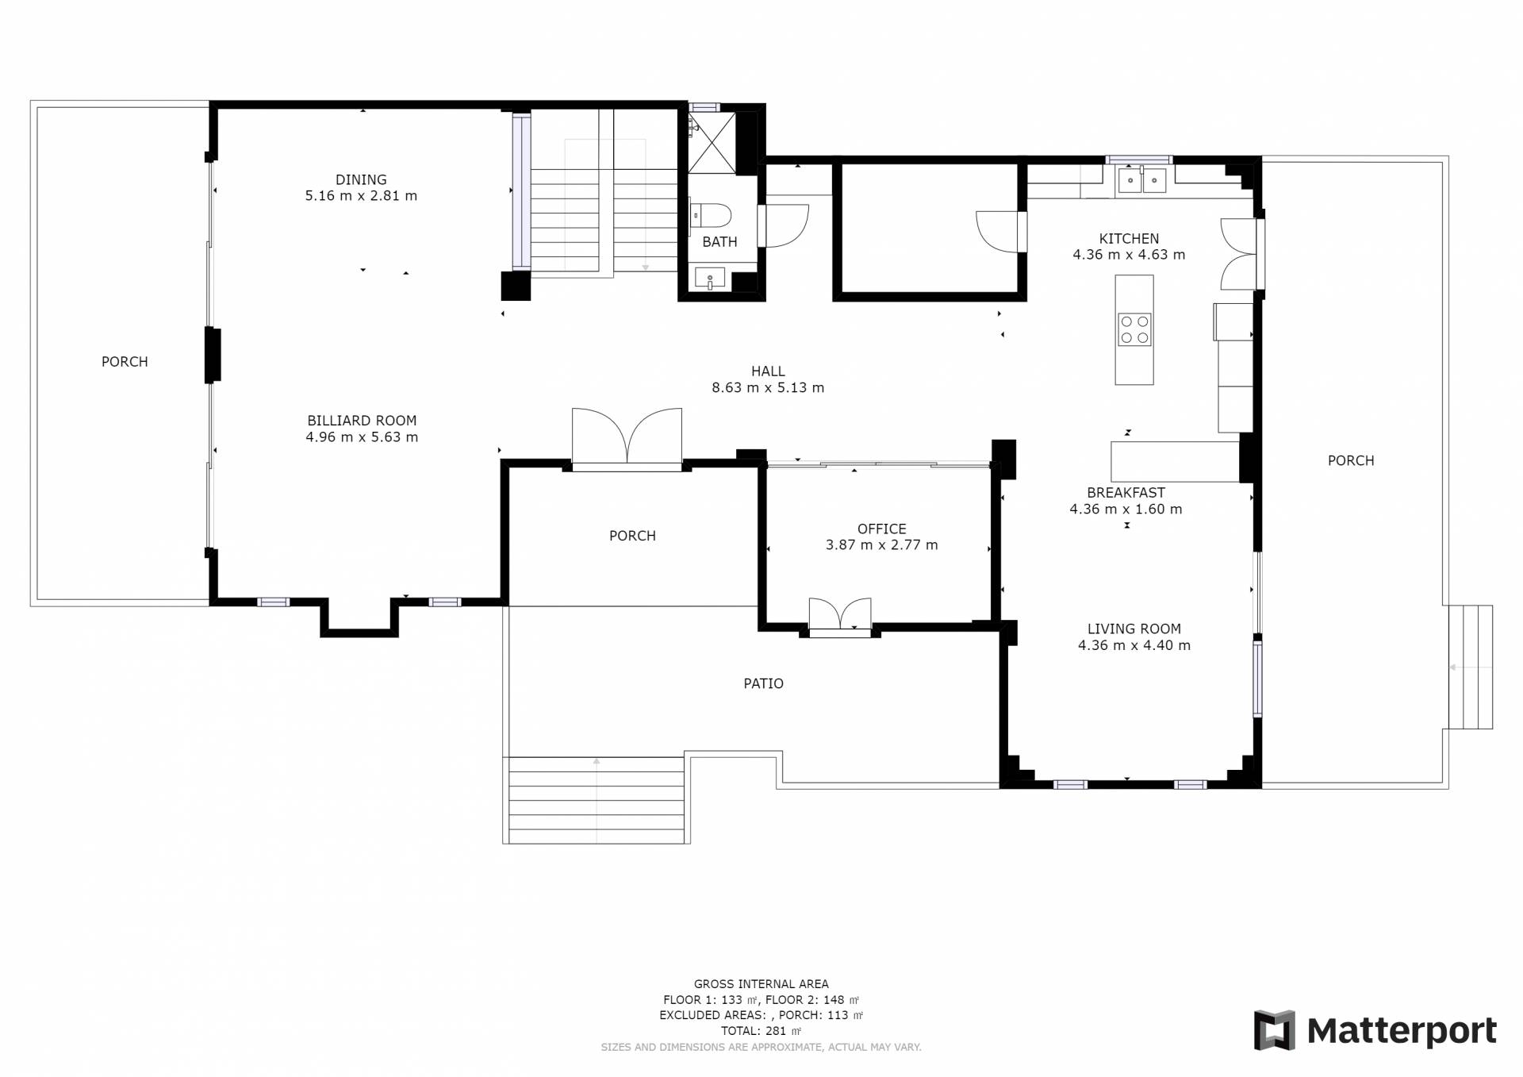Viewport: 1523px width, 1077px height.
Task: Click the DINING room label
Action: [361, 180]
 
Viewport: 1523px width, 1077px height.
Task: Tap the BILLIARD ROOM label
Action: [362, 421]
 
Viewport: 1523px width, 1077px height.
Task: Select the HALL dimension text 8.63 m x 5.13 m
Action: [768, 388]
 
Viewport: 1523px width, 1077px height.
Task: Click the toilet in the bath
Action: [711, 216]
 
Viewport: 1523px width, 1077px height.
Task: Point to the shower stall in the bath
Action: [712, 143]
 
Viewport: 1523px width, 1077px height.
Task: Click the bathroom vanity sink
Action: [710, 279]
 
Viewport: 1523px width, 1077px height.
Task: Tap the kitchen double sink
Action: [1141, 181]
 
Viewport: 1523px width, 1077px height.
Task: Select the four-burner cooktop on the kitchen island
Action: [1134, 329]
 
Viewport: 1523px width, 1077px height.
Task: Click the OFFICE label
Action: [882, 529]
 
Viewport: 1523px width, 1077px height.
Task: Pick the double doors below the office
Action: [840, 618]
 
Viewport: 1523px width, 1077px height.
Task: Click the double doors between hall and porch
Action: [627, 439]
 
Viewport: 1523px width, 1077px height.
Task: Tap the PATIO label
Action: [763, 683]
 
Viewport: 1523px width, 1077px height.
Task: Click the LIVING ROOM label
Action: [1134, 629]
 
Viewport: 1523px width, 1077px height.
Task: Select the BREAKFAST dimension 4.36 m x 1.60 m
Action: [1126, 510]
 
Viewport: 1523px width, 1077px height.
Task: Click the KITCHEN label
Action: [1129, 239]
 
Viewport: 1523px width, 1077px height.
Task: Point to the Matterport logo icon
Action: [1274, 1030]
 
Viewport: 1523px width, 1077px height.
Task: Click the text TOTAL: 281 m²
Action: [761, 1031]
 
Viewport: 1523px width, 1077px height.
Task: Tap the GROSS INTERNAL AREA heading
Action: [761, 984]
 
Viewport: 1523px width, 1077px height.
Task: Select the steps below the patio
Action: [596, 800]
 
